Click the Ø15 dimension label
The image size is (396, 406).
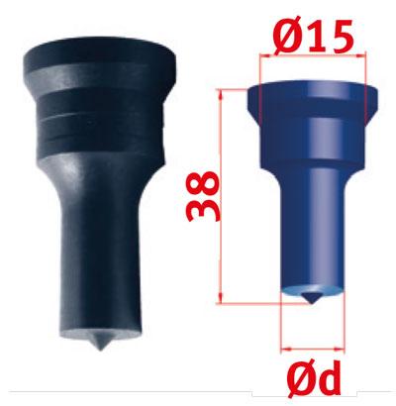(x=313, y=36)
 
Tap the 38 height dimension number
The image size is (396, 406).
(x=203, y=197)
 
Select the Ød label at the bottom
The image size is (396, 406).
(x=314, y=378)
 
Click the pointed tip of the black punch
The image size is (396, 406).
(x=100, y=349)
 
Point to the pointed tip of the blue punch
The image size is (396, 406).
(x=311, y=302)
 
